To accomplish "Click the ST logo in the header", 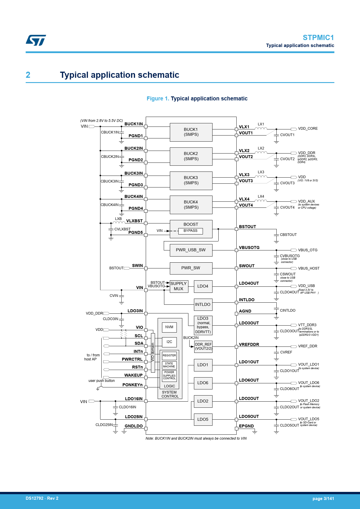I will click(x=36, y=40).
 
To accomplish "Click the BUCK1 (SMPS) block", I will click(x=191, y=132).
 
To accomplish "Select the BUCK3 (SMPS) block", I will click(x=191, y=181).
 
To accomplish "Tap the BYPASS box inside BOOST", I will click(x=190, y=231).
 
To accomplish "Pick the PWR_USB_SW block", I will click(x=191, y=250).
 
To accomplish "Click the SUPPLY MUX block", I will click(x=179, y=286).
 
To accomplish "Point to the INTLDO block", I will click(x=203, y=305).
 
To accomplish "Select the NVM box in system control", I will click(x=169, y=327).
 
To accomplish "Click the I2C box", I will click(x=169, y=342).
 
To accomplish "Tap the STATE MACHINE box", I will click(x=169, y=365).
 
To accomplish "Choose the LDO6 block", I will click(x=203, y=383).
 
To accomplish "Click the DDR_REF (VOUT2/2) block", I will click(x=203, y=347).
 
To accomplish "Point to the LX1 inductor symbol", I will click(x=261, y=128).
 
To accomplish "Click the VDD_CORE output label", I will click(x=308, y=129).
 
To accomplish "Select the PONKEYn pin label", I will click(x=132, y=385).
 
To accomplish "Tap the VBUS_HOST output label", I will click(x=309, y=268).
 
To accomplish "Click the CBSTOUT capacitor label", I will click(x=288, y=235).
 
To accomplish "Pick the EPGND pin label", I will click(x=246, y=426).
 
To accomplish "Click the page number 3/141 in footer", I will click(x=323, y=499).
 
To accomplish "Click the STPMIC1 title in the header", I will click(x=318, y=38).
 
